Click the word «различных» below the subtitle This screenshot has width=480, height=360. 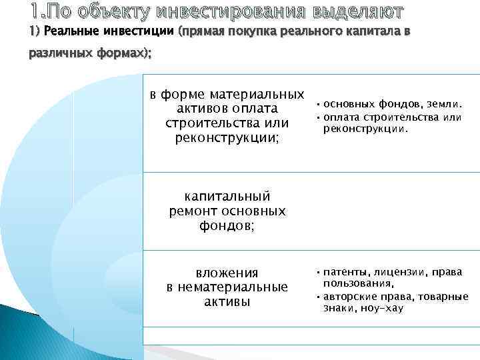click(x=56, y=55)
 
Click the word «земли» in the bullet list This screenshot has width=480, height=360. click(x=445, y=104)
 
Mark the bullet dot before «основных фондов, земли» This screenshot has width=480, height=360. click(x=318, y=105)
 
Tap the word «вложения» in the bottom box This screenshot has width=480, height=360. click(x=227, y=273)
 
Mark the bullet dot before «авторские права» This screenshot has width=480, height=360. click(x=318, y=296)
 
